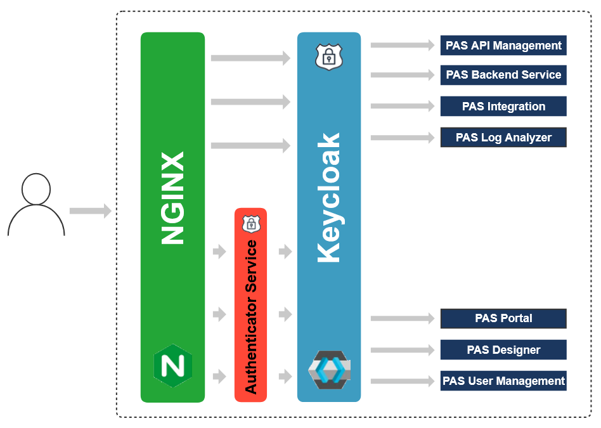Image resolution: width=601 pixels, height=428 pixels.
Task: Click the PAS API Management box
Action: pyautogui.click(x=503, y=46)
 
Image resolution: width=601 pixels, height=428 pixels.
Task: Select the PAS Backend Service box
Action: pyautogui.click(x=503, y=75)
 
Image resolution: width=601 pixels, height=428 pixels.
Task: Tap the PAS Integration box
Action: pyautogui.click(x=503, y=107)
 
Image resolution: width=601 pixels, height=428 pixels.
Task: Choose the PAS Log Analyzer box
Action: pyautogui.click(x=503, y=138)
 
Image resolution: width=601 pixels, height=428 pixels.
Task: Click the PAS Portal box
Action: pyautogui.click(x=503, y=318)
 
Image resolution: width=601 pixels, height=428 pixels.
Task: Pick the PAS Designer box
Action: pyautogui.click(x=503, y=350)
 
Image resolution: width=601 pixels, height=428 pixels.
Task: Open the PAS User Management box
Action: pyautogui.click(x=503, y=381)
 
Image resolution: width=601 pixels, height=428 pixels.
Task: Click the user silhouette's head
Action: pyautogui.click(x=36, y=190)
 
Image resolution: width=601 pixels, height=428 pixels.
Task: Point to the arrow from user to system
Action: pyautogui.click(x=89, y=211)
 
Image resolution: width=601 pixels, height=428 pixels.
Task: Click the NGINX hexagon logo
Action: pyautogui.click(x=172, y=366)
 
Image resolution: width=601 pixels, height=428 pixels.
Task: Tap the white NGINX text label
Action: pyautogui.click(x=172, y=198)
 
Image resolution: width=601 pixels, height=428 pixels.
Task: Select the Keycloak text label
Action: pyautogui.click(x=329, y=198)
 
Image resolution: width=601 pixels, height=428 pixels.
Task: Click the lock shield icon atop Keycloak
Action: pyautogui.click(x=328, y=57)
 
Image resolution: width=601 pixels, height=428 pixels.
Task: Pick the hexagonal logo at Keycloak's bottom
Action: pyautogui.click(x=329, y=370)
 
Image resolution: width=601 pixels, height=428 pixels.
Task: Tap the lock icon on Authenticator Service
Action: pyautogui.click(x=251, y=224)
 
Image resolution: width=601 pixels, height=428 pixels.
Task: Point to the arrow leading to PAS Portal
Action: pyautogui.click(x=403, y=318)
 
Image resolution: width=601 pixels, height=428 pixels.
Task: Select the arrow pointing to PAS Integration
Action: pyautogui.click(x=403, y=107)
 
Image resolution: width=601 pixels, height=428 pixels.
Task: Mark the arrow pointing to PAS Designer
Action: pyautogui.click(x=403, y=350)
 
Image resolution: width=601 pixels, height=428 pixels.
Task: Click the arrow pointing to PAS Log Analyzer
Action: pyautogui.click(x=403, y=138)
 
